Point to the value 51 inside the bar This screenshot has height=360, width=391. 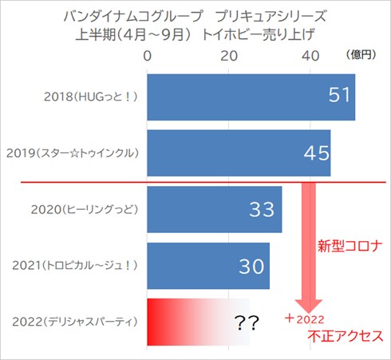pyautogui.click(x=340, y=96)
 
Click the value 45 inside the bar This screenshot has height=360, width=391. pyautogui.click(x=316, y=152)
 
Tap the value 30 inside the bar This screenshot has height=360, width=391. pyautogui.click(x=251, y=267)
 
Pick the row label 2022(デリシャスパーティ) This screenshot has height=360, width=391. pyautogui.click(x=76, y=322)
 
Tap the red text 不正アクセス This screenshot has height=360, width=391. pyautogui.click(x=345, y=335)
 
